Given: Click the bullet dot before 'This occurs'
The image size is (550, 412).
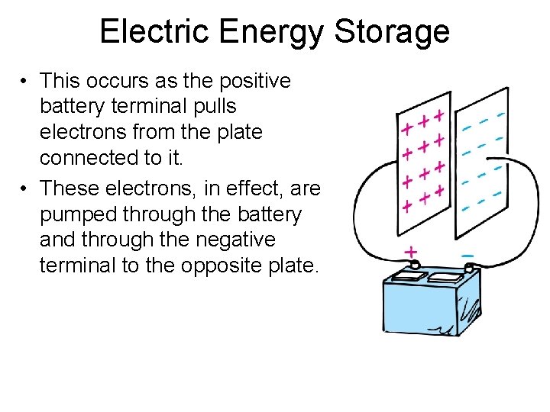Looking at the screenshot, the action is pyautogui.click(x=25, y=81).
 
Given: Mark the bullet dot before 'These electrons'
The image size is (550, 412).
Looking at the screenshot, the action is pyautogui.click(x=25, y=188).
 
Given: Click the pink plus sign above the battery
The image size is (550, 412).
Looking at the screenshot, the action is pyautogui.click(x=410, y=251).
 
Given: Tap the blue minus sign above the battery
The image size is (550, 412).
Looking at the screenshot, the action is pyautogui.click(x=467, y=254).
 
